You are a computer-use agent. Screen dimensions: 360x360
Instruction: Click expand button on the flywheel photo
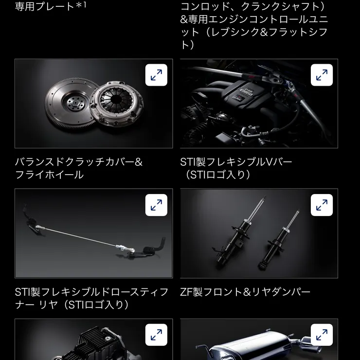pyautogui.click(x=156, y=75)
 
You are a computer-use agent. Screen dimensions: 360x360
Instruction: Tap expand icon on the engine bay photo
pyautogui.click(x=322, y=75)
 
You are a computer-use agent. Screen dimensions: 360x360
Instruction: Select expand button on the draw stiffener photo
pyautogui.click(x=156, y=205)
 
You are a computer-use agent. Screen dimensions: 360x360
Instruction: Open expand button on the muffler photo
pyautogui.click(x=322, y=335)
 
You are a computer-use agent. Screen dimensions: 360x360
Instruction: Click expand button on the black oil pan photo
pyautogui.click(x=156, y=335)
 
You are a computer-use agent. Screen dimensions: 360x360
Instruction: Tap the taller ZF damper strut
pyautogui.click(x=241, y=232)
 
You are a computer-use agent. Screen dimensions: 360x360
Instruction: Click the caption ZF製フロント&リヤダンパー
pyautogui.click(x=245, y=292)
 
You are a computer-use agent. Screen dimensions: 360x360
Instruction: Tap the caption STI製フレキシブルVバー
pyautogui.click(x=236, y=162)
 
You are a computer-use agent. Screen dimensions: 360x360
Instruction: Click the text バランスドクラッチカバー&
pyautogui.click(x=79, y=162)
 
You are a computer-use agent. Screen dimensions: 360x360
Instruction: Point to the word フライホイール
pyautogui.click(x=49, y=175)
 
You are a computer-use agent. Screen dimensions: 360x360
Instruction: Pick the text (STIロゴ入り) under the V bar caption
pyautogui.click(x=217, y=175)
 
